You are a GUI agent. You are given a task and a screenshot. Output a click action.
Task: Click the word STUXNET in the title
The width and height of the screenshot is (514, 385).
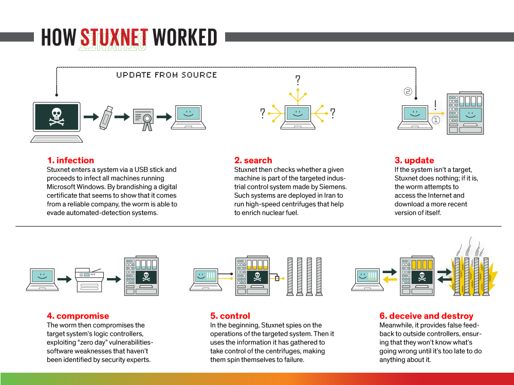point(114,37)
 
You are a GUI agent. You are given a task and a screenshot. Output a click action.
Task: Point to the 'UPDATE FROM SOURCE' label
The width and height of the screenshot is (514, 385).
point(167,75)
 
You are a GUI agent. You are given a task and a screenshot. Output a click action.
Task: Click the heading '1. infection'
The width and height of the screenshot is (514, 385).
point(70,160)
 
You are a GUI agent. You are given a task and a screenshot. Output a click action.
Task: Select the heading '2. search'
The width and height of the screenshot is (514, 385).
point(253,160)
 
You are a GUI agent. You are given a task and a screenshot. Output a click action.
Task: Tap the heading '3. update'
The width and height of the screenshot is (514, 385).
point(414,160)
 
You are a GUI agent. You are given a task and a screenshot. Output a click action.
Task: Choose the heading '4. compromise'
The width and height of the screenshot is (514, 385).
point(78,316)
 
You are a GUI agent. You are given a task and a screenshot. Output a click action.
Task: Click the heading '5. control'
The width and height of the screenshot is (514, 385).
point(230,316)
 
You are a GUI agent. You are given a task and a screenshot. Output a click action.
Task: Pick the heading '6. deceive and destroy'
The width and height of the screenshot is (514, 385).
point(426,316)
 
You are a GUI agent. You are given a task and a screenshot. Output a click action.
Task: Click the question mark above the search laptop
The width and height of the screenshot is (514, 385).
point(297,80)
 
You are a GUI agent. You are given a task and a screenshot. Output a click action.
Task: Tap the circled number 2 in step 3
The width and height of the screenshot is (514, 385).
point(408,92)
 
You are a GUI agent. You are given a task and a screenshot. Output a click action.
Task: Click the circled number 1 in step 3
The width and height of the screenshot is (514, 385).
point(436,120)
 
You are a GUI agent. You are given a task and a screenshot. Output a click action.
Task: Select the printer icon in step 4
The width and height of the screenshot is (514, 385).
point(89,279)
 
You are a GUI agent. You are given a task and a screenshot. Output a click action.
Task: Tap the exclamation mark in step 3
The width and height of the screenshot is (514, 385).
point(435,105)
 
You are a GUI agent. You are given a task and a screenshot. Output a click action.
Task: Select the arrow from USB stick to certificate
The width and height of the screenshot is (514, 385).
point(122,117)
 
